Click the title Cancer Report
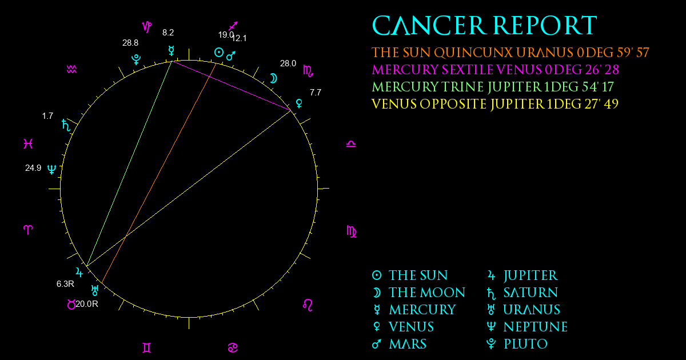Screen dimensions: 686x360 485,25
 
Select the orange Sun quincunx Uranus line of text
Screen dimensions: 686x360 510,53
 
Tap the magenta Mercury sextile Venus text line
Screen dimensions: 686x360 495,70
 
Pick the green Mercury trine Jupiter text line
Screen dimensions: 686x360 493,87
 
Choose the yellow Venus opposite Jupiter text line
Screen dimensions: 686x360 495,104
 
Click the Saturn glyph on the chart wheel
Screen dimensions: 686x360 66,125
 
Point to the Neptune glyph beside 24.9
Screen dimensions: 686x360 52,169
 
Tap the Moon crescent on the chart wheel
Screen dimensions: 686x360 273,78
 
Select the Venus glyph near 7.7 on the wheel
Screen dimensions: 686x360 299,103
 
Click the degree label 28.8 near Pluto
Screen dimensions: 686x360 130,43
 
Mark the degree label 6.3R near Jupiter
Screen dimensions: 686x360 65,284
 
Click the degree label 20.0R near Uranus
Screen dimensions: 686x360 87,304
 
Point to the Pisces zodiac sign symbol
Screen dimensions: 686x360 28,143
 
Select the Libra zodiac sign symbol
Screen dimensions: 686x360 351,144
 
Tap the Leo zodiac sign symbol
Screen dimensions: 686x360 308,305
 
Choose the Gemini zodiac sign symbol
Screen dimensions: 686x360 147,348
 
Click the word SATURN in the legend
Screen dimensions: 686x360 531,293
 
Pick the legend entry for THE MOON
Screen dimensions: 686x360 418,293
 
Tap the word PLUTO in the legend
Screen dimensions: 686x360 525,344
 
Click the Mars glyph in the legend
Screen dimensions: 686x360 376,344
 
